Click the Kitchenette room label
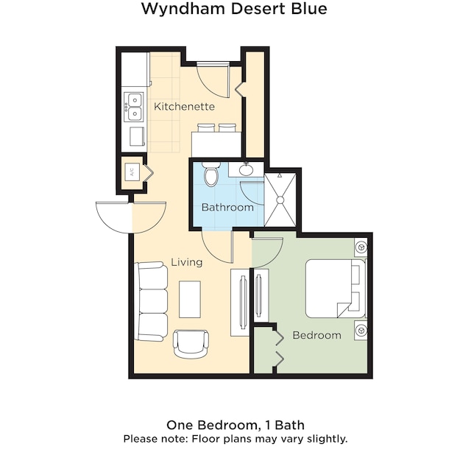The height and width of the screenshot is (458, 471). coord(184,106)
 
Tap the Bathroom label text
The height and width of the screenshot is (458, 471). coord(227,207)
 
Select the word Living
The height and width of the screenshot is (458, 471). coord(186,262)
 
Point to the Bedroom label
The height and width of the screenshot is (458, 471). coord(317,335)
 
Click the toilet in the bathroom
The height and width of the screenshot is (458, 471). coord(211,174)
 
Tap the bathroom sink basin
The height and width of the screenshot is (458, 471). coord(247,170)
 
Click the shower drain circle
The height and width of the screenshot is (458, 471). coord(280,200)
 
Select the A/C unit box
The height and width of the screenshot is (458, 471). coord(132,172)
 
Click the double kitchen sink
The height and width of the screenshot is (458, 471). coord(134,107)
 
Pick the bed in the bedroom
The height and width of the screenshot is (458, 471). coord(336,289)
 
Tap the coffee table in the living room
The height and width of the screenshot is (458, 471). coord(190,300)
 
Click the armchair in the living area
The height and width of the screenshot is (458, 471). coord(191,344)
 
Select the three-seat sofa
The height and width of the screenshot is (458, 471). coord(151,301)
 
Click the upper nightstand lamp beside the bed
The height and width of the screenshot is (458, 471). coord(361,247)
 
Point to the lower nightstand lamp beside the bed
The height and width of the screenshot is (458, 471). coord(361,330)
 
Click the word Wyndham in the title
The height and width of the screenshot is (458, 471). coord(183,9)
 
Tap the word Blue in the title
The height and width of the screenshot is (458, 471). coord(308,8)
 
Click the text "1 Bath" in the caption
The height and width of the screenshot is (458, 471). coord(285,425)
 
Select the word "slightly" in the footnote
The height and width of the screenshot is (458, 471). coord(327,439)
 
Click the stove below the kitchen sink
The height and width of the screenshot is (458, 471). coord(137,136)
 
